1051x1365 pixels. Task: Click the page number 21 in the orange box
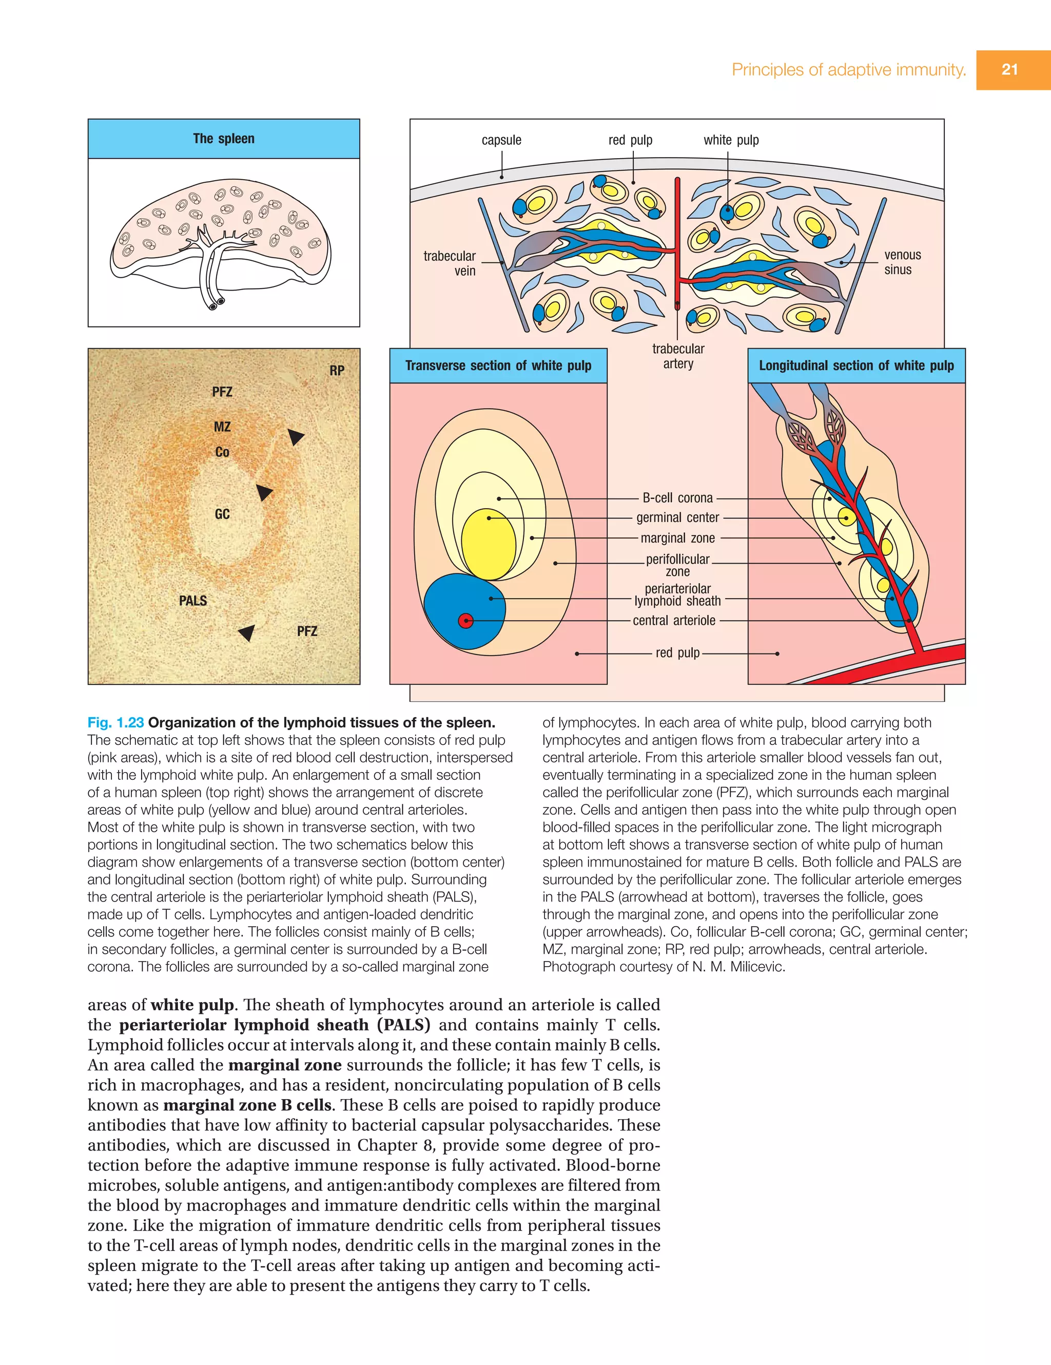pos(1010,69)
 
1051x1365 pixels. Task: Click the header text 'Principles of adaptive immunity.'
pos(848,69)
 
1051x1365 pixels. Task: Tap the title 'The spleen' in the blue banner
pos(224,139)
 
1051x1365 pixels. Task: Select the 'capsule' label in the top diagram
pos(501,140)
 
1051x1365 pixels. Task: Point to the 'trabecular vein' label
pos(450,263)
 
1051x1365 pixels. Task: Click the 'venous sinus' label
pos(902,262)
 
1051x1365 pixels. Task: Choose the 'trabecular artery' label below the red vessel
pos(678,356)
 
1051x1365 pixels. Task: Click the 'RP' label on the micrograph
pos(337,371)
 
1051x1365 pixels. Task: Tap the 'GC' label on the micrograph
pos(222,514)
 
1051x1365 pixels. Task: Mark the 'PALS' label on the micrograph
pos(192,601)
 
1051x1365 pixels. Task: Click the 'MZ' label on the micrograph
pos(222,427)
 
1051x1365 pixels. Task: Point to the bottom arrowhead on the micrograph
pos(247,632)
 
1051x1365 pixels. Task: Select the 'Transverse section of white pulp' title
pos(498,366)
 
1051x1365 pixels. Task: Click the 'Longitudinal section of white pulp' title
pos(856,366)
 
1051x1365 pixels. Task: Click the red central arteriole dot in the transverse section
pos(465,621)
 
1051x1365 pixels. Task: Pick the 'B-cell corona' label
pos(677,498)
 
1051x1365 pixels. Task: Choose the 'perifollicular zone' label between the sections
pos(677,565)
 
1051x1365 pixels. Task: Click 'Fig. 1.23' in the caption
pos(115,722)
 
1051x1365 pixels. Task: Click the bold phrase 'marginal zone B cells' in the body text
pos(247,1105)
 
